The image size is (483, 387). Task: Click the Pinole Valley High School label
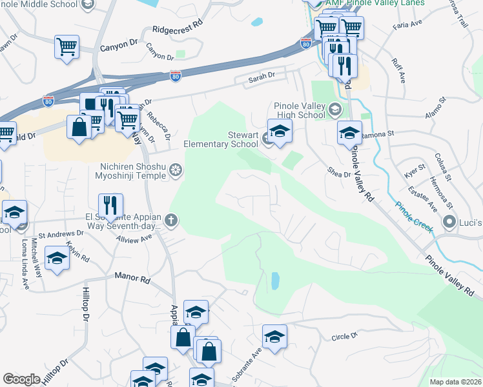pos(299,110)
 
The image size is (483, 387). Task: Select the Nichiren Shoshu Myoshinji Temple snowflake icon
pos(175,171)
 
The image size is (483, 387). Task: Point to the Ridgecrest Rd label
pos(178,30)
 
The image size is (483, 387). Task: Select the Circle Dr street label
pos(344,337)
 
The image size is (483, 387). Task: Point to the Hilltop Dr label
pos(85,303)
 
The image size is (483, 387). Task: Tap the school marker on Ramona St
pos(349,134)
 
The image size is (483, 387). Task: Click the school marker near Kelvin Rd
pos(57,259)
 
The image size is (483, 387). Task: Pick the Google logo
pos(21,379)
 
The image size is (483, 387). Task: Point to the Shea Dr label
pos(338,172)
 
